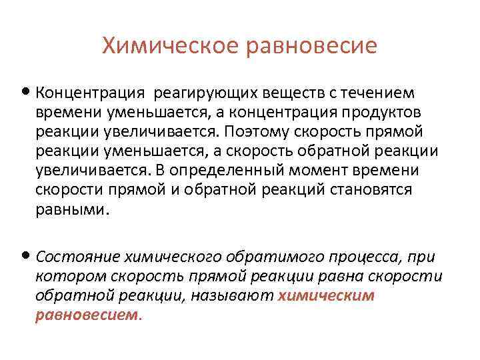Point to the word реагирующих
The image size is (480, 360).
coord(202,92)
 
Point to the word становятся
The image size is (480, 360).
coord(371,190)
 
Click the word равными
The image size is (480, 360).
coord(71,210)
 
